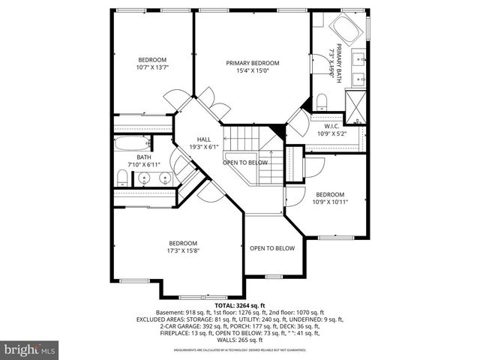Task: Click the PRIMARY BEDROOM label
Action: pos(253,63)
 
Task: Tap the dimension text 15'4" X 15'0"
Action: pos(253,71)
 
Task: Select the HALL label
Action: pos(204,139)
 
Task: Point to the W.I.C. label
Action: pos(333,126)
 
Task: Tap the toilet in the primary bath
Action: pos(321,101)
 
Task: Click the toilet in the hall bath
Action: pos(122,177)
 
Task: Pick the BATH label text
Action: pos(143,157)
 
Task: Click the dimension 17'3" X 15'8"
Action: pos(183,251)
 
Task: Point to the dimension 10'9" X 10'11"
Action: pos(330,202)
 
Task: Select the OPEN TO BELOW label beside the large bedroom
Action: pos(272,248)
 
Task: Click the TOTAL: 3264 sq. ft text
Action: pos(240,306)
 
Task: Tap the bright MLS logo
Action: pos(30,349)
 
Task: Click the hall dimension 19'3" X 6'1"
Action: pos(204,148)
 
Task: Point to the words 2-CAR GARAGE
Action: pos(179,326)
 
